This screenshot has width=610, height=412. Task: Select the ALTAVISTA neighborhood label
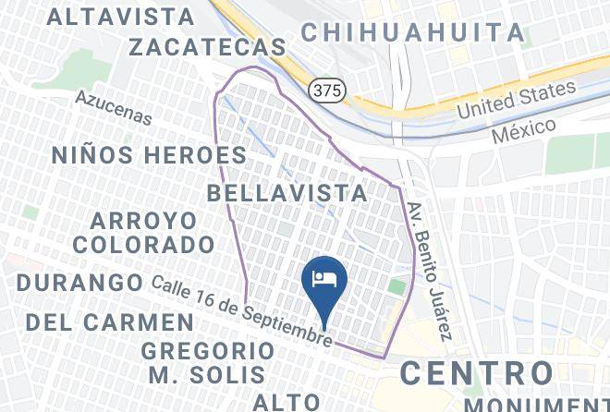point(121,17)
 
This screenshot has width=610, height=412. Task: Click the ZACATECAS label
point(207,47)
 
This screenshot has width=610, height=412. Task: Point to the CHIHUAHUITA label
point(412,32)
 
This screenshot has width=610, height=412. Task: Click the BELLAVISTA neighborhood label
point(287,193)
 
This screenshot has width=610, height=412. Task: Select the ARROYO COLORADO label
point(144,233)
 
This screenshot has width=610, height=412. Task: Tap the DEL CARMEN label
point(109,322)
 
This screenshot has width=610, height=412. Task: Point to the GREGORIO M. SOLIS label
point(207,363)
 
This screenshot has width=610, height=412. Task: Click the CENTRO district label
point(476,373)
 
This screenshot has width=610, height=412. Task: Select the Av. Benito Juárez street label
point(430,270)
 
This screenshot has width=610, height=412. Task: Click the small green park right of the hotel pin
point(396,287)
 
